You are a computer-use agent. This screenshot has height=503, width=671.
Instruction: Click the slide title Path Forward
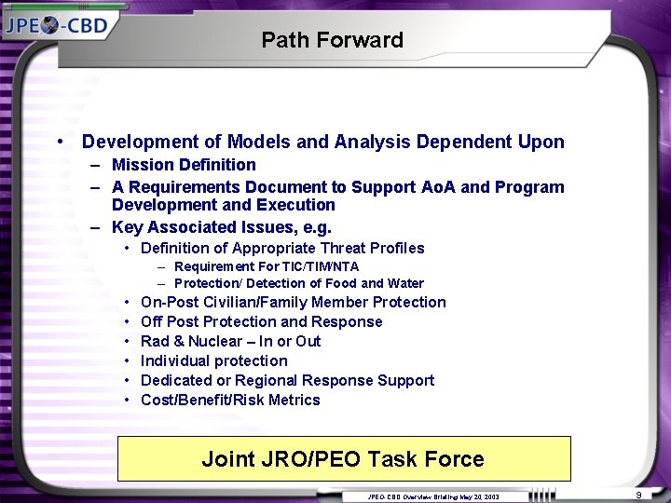click(332, 40)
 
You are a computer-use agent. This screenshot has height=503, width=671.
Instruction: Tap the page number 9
click(639, 495)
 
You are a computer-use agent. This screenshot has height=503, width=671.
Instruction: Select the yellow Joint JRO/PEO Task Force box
click(343, 459)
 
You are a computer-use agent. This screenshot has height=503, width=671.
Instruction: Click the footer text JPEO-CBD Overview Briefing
click(433, 496)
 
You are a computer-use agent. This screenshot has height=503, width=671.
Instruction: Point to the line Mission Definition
click(184, 165)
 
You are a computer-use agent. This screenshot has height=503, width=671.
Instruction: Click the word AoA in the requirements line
click(436, 187)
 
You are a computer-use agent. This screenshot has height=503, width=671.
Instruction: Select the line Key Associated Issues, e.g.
click(222, 226)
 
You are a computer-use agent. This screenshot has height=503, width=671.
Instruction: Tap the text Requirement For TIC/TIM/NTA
click(267, 267)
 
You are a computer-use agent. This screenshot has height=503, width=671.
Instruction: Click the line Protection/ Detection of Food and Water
click(298, 283)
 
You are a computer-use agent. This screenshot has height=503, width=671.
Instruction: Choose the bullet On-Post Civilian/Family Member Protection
click(293, 302)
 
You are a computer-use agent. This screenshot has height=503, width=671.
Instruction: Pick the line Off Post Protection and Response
click(261, 321)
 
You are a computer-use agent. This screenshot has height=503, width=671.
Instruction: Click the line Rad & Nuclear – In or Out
click(230, 341)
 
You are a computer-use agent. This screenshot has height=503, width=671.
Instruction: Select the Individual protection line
click(213, 360)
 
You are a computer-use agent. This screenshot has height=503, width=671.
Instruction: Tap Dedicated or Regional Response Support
click(287, 380)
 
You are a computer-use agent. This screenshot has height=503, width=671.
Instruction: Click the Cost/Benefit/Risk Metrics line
click(230, 400)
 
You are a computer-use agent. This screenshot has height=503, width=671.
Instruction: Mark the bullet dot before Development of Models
click(60, 143)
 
